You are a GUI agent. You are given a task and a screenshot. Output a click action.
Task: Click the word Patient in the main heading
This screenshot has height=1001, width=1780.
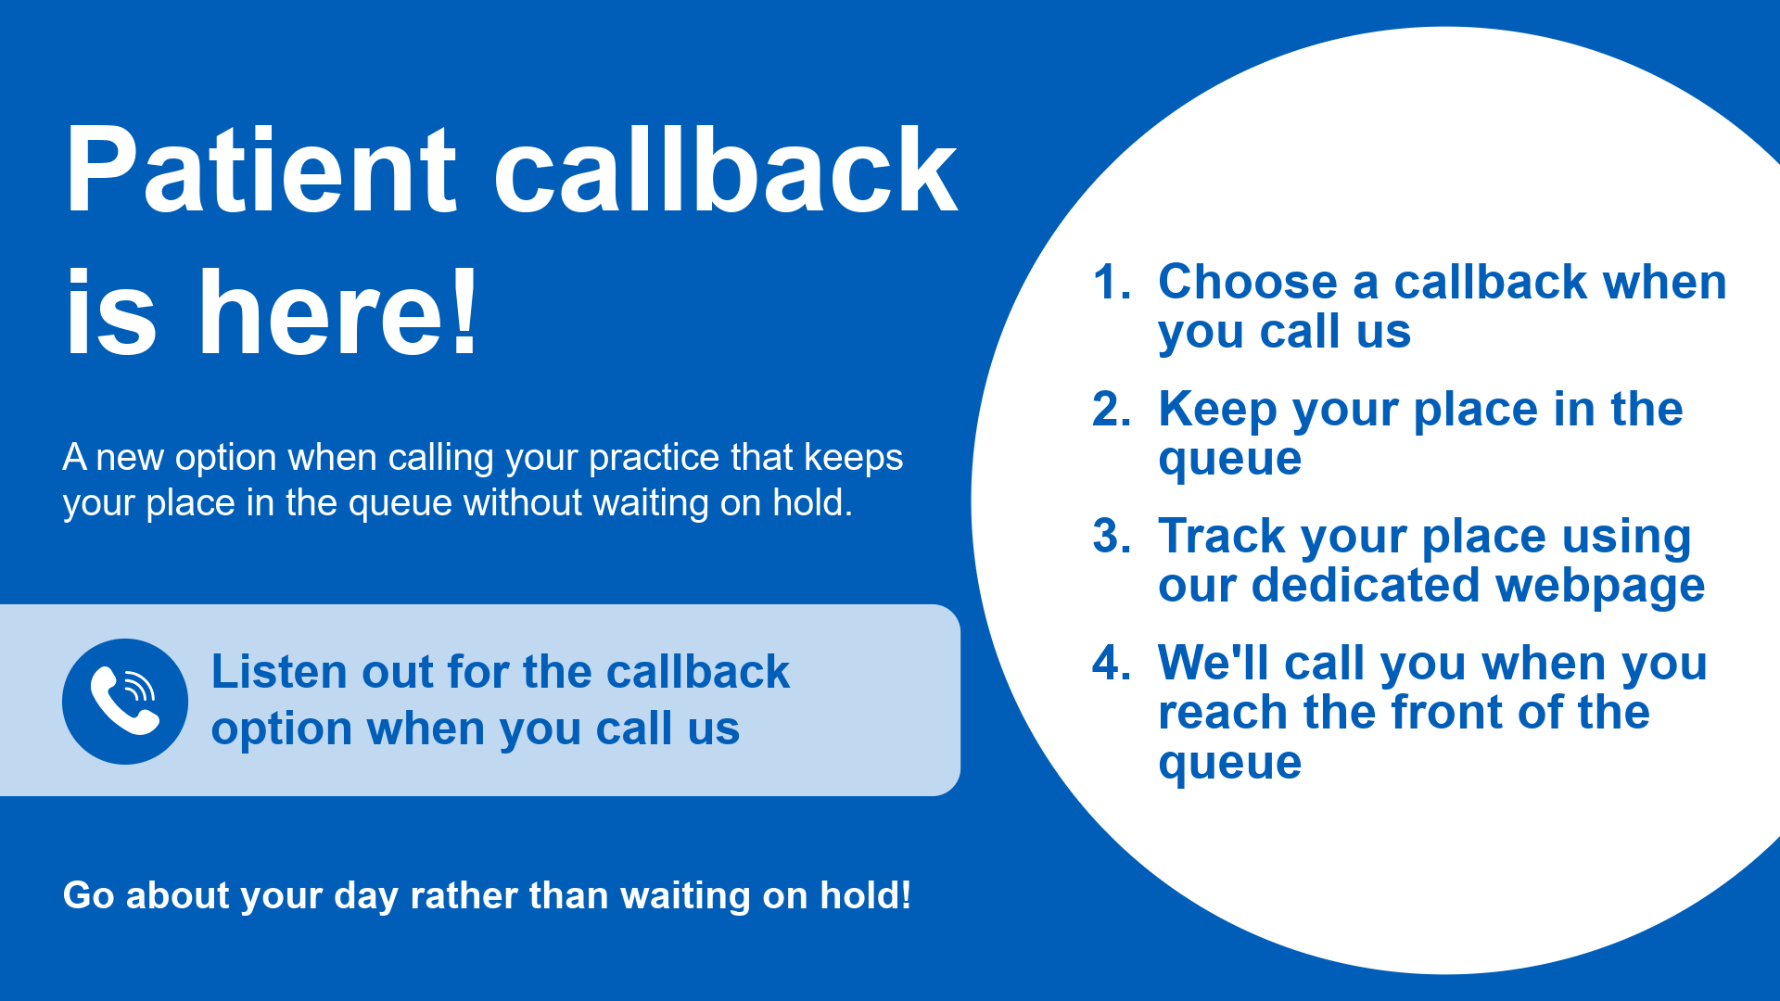(x=261, y=171)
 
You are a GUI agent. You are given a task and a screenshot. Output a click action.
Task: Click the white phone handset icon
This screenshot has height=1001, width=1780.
(x=125, y=701)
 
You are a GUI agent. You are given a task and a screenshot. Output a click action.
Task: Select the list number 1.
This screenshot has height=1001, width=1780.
(x=1112, y=282)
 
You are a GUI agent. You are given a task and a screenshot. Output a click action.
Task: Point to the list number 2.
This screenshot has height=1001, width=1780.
(x=1112, y=409)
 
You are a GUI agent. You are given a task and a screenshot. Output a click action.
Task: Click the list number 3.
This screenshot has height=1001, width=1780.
(x=1112, y=536)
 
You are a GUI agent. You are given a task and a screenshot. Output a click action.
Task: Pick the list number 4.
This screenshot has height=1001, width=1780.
(x=1112, y=663)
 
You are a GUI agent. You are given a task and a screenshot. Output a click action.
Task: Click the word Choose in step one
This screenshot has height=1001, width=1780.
(x=1248, y=282)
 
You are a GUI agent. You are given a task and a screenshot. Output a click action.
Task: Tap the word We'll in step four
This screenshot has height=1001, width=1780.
(x=1214, y=663)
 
